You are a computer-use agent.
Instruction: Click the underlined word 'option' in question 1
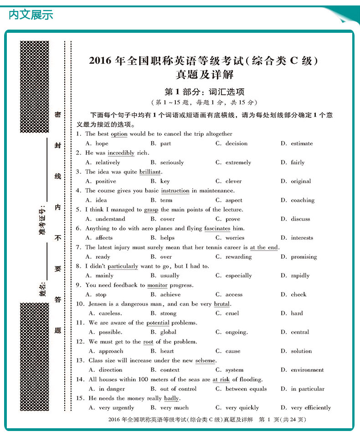(x=119, y=134)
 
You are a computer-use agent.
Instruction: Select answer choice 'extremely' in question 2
(x=238, y=163)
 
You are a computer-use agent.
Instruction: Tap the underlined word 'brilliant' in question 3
(x=150, y=172)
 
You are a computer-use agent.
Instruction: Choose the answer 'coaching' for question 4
(x=303, y=200)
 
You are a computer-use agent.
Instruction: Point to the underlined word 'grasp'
(x=151, y=210)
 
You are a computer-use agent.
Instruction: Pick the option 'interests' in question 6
(x=302, y=238)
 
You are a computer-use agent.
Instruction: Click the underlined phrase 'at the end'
(x=264, y=247)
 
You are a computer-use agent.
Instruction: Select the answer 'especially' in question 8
(x=238, y=276)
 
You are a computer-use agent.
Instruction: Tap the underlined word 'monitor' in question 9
(x=157, y=285)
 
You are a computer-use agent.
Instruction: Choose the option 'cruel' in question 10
(x=232, y=313)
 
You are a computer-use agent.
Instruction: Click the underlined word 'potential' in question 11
(x=158, y=323)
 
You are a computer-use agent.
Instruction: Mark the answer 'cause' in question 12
(x=232, y=351)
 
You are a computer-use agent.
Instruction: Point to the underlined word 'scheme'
(x=205, y=361)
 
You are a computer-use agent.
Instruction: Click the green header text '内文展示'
(x=31, y=15)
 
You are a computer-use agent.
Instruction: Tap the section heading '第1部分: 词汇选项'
(x=204, y=91)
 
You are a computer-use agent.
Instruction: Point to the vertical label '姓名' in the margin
(x=42, y=289)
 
